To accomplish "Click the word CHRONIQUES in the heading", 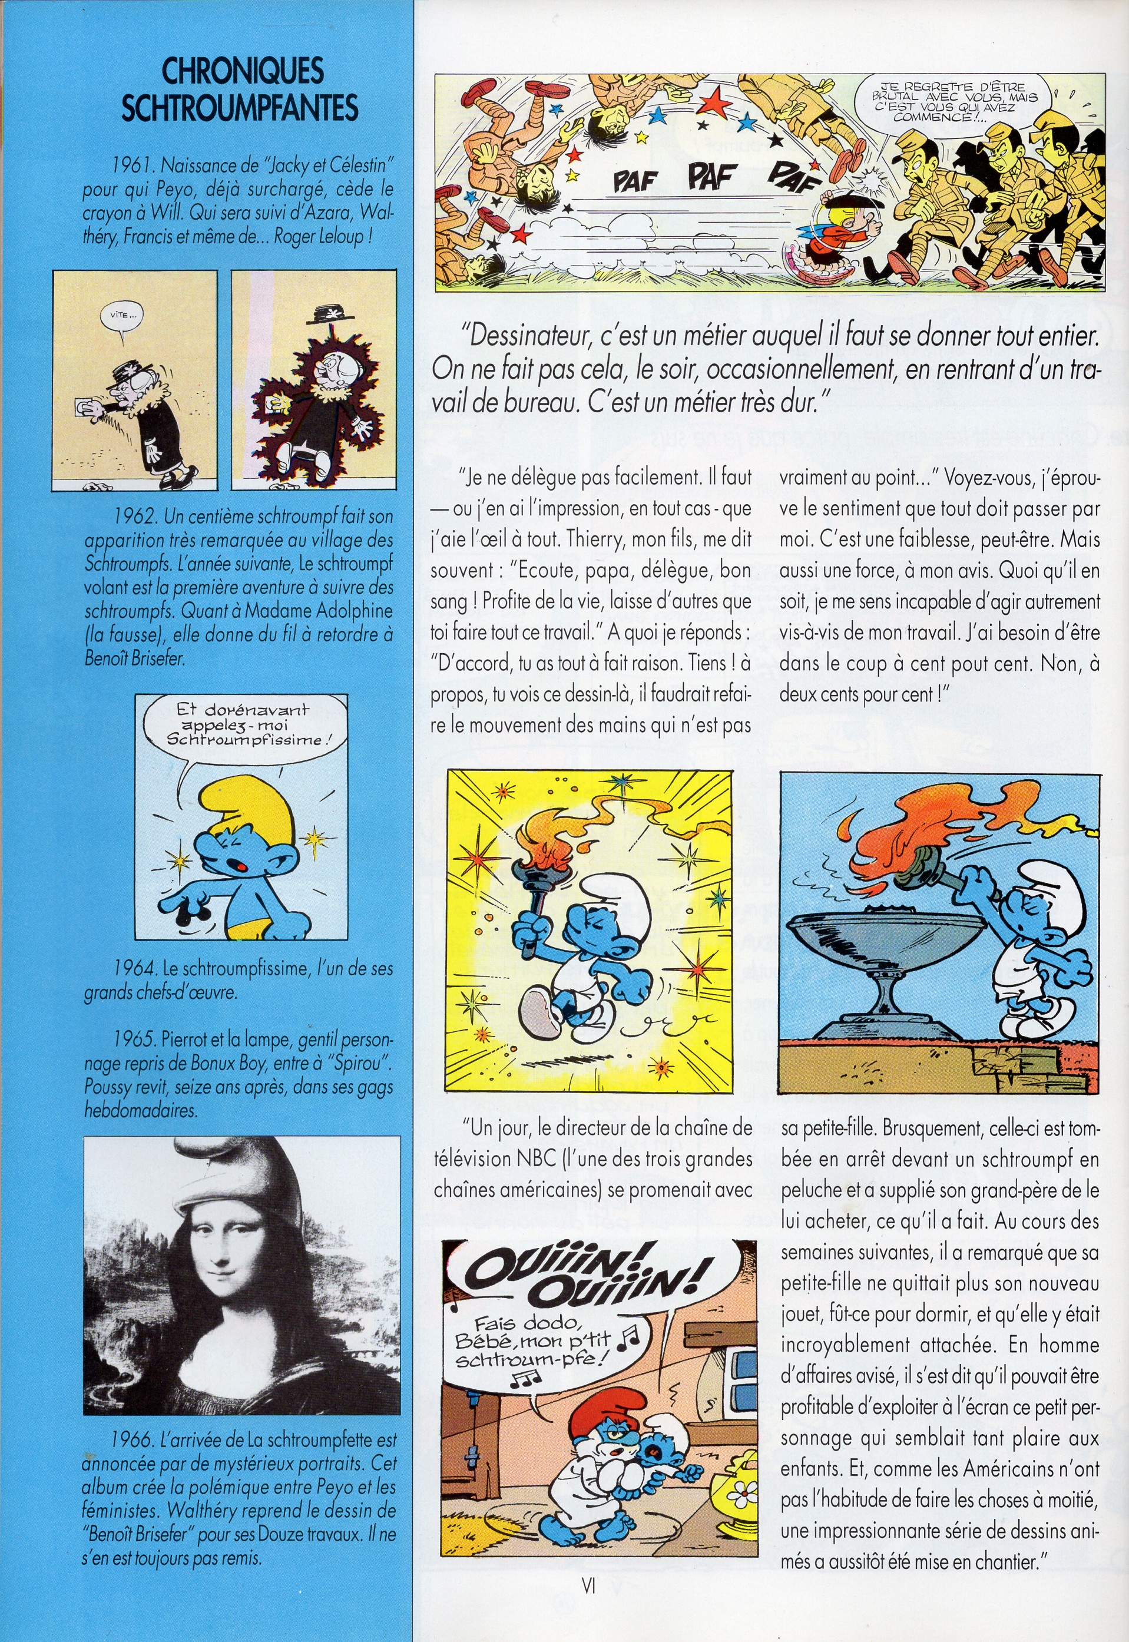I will tap(243, 71).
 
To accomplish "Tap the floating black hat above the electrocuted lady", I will tap(327, 313).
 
